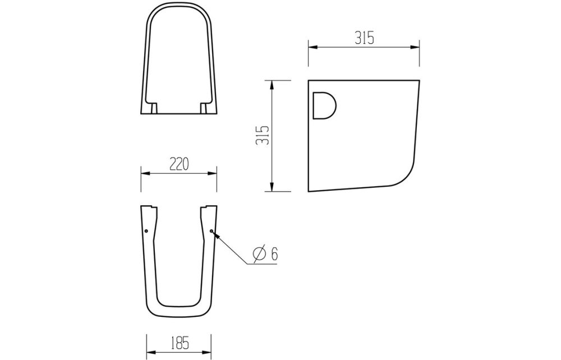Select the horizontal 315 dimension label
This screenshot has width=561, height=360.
[x=364, y=38]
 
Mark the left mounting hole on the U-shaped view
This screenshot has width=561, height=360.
[x=145, y=230]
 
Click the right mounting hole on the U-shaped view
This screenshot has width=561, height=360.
[x=211, y=230]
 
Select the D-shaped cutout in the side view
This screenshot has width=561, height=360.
[x=324, y=106]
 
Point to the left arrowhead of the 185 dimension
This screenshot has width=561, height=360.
[x=149, y=350]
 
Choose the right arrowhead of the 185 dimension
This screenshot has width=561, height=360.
[x=208, y=350]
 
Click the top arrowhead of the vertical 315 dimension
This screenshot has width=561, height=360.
[x=272, y=84]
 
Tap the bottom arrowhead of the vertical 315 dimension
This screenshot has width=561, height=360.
[x=272, y=188]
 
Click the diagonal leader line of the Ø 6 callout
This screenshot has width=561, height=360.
[x=230, y=247]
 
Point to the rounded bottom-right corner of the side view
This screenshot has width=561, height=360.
[x=407, y=175]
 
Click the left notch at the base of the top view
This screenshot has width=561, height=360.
[x=153, y=108]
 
